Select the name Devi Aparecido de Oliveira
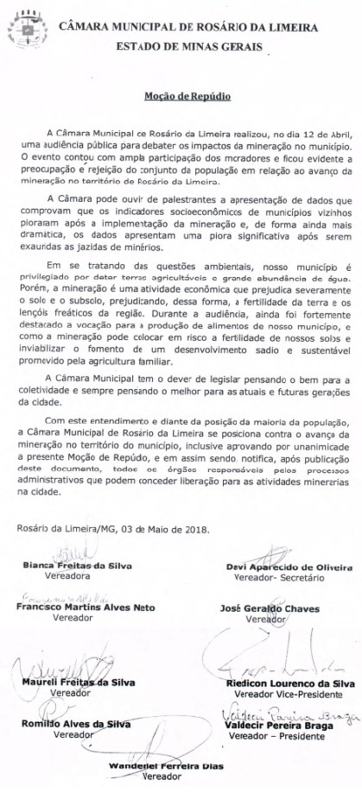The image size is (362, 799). click(x=288, y=567)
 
